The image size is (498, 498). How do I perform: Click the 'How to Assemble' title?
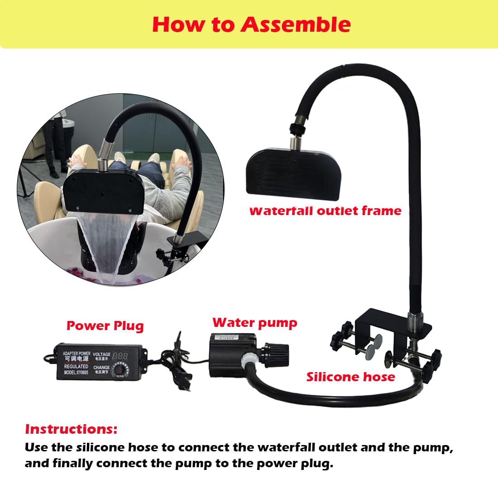pyautogui.click(x=251, y=24)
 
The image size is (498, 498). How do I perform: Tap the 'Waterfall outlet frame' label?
pyautogui.click(x=325, y=211)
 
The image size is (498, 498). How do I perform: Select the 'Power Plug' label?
pyautogui.click(x=105, y=326)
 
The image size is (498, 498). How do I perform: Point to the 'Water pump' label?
pyautogui.click(x=255, y=322)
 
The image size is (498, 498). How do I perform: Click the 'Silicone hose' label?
pyautogui.click(x=350, y=377)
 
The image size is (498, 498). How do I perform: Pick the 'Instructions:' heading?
pyautogui.click(x=71, y=429)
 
